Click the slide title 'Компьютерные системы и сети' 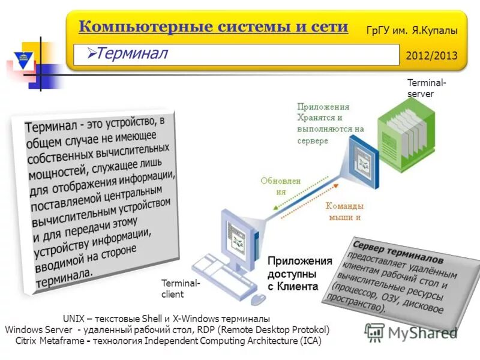[x=213, y=27]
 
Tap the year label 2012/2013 [x=431, y=56]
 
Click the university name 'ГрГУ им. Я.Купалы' [x=412, y=29]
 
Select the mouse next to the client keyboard [x=258, y=298]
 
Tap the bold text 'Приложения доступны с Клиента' [x=299, y=273]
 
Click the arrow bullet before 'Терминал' [x=91, y=54]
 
